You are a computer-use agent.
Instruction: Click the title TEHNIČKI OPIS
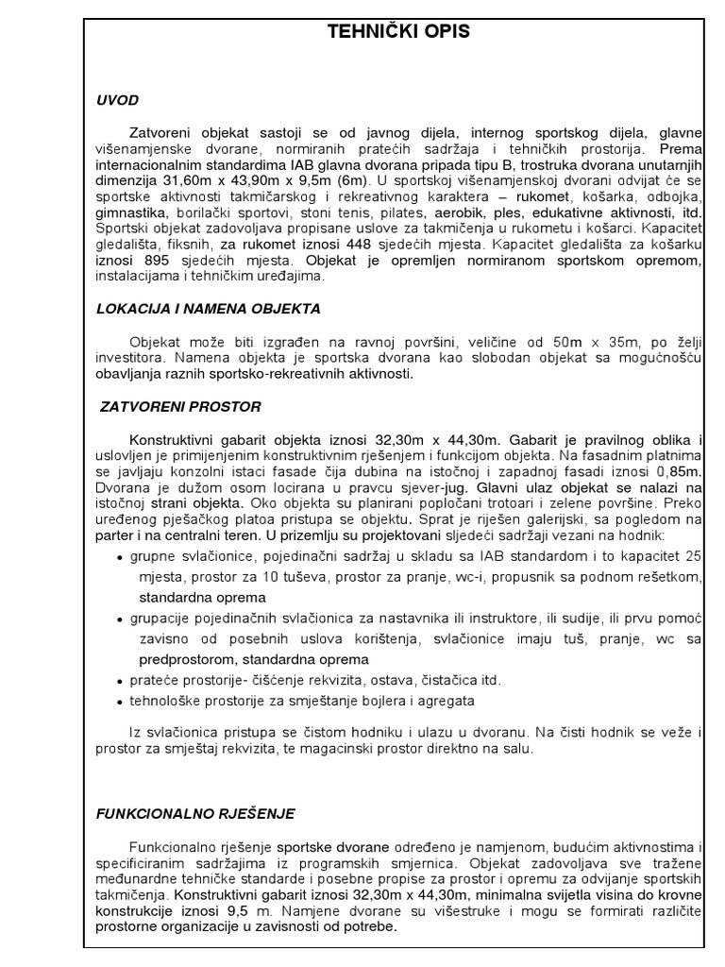(397, 32)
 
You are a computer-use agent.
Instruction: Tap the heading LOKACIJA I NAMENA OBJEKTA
(208, 308)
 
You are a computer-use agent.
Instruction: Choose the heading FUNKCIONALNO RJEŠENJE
(195, 812)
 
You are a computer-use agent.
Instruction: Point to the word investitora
(132, 360)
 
